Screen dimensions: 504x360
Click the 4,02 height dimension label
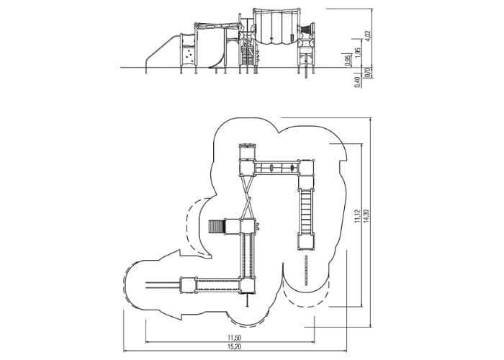[369, 35]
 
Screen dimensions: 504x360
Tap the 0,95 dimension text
[347, 60]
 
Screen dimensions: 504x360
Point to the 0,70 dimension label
[369, 72]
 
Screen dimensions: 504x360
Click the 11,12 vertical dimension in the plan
[357, 217]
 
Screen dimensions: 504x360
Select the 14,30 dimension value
[366, 217]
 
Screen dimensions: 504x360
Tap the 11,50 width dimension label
[234, 338]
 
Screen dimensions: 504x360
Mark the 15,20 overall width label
[234, 346]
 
